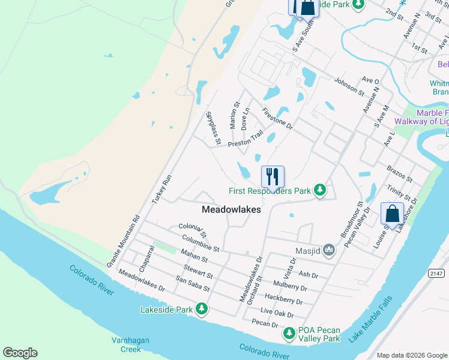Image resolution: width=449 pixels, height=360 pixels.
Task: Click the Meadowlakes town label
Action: [231, 209]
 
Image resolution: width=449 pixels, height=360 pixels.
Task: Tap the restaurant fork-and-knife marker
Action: [273, 176]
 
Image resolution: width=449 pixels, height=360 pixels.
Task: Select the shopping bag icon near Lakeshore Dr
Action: [392, 214]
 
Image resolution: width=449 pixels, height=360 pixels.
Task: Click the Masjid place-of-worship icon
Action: [328, 249]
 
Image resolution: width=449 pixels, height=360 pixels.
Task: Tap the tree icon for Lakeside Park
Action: [202, 310]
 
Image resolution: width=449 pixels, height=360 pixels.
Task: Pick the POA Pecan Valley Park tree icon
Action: [289, 332]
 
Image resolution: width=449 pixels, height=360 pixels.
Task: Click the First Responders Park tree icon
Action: [321, 191]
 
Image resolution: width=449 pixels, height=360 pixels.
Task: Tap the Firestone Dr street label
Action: [277, 119]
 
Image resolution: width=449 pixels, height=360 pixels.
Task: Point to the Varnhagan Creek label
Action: [126, 344]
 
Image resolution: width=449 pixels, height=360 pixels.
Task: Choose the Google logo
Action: [20, 353]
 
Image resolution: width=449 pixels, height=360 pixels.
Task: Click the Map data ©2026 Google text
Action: [412, 355]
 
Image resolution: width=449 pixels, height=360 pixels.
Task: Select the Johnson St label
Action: [349, 87]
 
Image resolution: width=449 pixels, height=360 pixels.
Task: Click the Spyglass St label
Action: [213, 128]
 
